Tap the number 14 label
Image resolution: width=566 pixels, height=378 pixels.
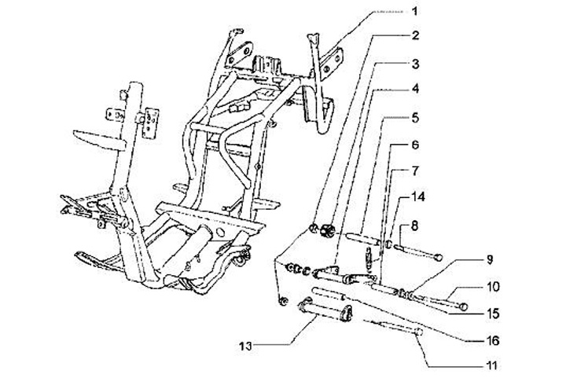click(417, 200)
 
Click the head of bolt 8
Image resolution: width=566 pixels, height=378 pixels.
click(438, 256)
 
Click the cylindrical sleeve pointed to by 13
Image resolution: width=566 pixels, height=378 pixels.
click(322, 320)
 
